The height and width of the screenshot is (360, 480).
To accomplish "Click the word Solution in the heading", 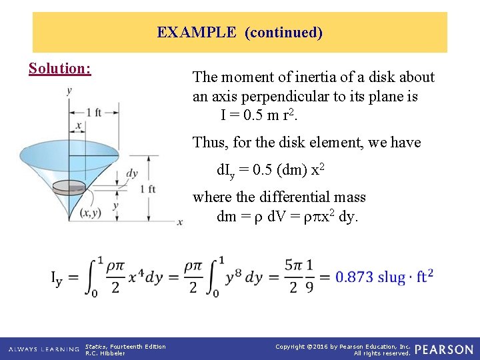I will click(x=59, y=69).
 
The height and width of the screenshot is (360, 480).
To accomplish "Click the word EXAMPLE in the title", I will click(x=197, y=32).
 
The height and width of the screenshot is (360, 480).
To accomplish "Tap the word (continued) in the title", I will click(x=284, y=32).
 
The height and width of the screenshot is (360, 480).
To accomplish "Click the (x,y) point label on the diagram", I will click(x=90, y=213).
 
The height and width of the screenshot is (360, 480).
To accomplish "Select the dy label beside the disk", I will click(x=132, y=173).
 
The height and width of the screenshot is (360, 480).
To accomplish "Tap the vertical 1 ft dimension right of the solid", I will click(x=148, y=189).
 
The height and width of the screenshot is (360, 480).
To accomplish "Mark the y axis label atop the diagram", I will click(x=69, y=91).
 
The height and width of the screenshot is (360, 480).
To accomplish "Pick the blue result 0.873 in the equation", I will click(x=355, y=276).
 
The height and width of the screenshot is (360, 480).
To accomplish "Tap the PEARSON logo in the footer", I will click(x=444, y=349).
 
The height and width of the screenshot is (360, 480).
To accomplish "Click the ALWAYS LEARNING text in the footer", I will click(x=41, y=349).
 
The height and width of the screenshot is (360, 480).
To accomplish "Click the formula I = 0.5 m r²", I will click(x=259, y=115).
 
